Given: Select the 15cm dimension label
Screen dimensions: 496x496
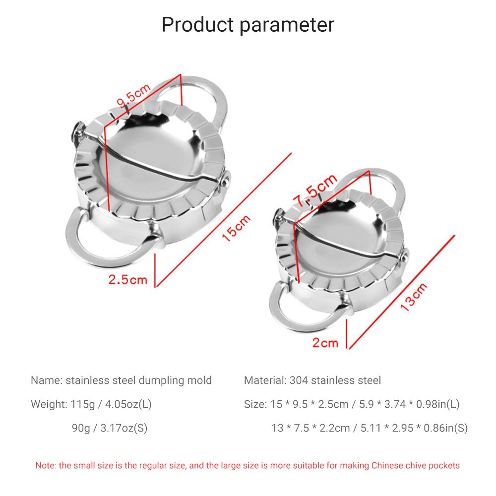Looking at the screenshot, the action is point(236,228).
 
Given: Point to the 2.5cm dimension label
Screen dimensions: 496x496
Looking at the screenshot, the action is point(128,279).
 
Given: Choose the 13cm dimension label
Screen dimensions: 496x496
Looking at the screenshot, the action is point(414,297).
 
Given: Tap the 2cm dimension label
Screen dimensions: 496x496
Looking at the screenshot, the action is point(325,343).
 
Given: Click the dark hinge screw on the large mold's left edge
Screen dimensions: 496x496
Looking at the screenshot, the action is point(77,133).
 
